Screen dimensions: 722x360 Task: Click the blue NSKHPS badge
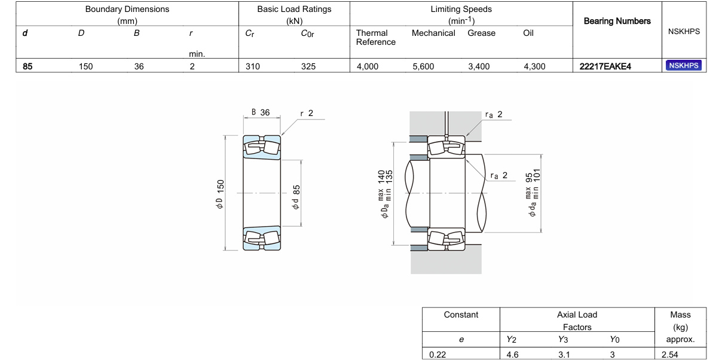pos(684,66)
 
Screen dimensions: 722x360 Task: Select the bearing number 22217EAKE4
pos(605,66)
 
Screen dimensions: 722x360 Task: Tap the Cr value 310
pos(252,66)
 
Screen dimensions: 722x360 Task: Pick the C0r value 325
pos(308,66)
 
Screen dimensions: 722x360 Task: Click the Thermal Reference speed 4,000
pos(368,66)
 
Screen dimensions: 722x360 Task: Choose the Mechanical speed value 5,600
pos(423,66)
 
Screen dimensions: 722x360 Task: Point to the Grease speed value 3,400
pos(479,66)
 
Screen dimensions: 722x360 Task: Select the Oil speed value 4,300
pos(534,66)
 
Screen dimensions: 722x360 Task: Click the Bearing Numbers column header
pos(617,22)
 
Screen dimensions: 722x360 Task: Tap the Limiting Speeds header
pos(461,9)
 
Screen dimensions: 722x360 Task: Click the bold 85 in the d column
pos(27,66)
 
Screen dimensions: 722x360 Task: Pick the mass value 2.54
pos(670,355)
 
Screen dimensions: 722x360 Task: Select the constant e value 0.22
pos(438,355)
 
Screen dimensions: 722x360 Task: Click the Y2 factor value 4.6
pos(512,355)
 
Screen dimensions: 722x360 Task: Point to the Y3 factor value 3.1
pos(564,355)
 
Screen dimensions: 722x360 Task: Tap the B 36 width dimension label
pos(261,112)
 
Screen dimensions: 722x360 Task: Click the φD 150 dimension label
pos(220,194)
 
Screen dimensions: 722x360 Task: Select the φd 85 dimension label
pos(296,197)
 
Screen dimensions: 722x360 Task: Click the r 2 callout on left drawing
pos(307,113)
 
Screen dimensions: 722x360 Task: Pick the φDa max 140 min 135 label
pos(385,194)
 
